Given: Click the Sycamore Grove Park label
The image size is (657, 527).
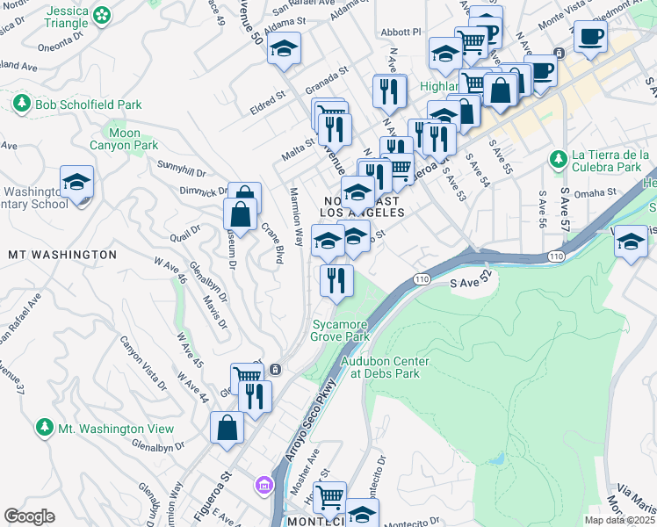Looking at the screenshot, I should [340, 330].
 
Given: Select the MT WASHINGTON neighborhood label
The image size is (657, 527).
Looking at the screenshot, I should [61, 255].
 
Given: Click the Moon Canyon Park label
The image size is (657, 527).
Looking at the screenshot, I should [126, 139].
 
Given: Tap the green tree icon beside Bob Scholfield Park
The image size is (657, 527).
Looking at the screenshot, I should [22, 105].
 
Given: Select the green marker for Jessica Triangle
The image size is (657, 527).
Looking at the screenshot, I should [103, 15].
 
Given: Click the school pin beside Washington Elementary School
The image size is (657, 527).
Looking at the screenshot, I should [77, 182].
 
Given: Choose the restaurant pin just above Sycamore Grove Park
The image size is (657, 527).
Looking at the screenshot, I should [336, 280].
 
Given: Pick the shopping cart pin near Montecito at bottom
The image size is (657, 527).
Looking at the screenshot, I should [329, 497].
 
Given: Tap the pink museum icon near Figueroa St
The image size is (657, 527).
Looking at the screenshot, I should [263, 485].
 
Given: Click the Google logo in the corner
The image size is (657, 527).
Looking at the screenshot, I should [29, 516].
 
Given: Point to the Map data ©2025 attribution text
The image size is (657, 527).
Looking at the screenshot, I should [619, 520].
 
